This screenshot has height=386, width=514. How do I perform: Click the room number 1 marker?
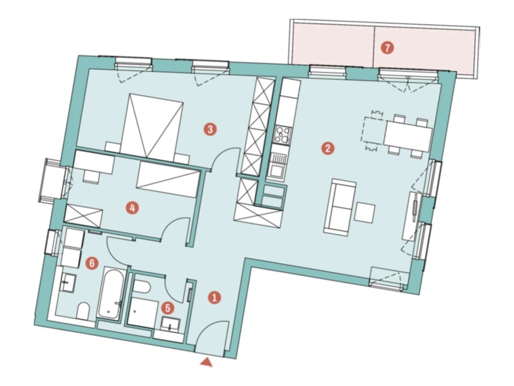[x=215, y=298]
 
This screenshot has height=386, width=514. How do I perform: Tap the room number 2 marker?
[x=328, y=148]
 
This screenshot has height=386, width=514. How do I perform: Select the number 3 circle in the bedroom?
[x=210, y=129]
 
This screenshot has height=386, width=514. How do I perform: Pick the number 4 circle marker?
[x=132, y=208]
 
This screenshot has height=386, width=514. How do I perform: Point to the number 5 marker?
[x=168, y=308]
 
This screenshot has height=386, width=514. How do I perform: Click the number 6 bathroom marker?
[x=92, y=263]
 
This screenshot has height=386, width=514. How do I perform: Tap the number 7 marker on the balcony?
[x=387, y=48]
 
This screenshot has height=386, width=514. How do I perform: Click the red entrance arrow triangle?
[x=207, y=362]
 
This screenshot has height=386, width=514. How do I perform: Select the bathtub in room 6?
[x=112, y=293]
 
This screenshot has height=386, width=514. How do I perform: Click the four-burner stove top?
[x=282, y=135]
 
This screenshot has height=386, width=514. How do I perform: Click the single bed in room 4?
[x=168, y=179]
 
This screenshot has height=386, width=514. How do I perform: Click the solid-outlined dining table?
[x=408, y=136]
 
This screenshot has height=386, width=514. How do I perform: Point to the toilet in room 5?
[x=141, y=287]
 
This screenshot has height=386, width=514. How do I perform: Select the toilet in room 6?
[x=83, y=311]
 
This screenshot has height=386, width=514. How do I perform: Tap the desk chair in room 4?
[x=91, y=177]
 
